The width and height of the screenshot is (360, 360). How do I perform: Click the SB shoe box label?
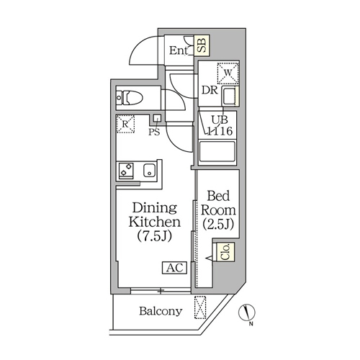click(x=202, y=45)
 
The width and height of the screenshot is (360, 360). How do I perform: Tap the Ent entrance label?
click(x=179, y=50)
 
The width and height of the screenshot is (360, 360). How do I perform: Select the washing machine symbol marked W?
click(x=228, y=73)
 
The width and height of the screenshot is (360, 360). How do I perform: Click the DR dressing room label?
click(x=210, y=90)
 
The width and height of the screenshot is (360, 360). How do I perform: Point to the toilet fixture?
click(x=129, y=98)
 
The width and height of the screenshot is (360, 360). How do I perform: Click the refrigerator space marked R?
click(x=125, y=124)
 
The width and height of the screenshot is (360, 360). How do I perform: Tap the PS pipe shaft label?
click(x=154, y=132)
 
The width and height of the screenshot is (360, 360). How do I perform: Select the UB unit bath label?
click(x=220, y=120)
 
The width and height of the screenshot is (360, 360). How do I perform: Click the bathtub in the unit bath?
click(x=217, y=151)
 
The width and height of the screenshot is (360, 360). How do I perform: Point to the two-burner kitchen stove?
click(x=125, y=170)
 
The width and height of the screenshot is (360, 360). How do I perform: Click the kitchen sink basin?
click(x=149, y=170)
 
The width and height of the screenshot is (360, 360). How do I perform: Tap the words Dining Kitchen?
click(x=155, y=215)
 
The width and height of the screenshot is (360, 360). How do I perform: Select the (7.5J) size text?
click(x=155, y=235)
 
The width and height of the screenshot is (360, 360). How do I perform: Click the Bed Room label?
click(x=218, y=203)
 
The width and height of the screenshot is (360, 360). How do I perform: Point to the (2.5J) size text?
click(x=218, y=225)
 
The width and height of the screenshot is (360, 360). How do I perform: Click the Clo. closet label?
click(x=225, y=252)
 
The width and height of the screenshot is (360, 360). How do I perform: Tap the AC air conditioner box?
click(x=175, y=268)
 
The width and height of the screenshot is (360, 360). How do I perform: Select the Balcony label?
click(x=161, y=311)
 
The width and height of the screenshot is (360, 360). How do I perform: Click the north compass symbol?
click(x=247, y=312)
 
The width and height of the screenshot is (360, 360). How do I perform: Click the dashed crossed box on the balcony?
click(x=200, y=307)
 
